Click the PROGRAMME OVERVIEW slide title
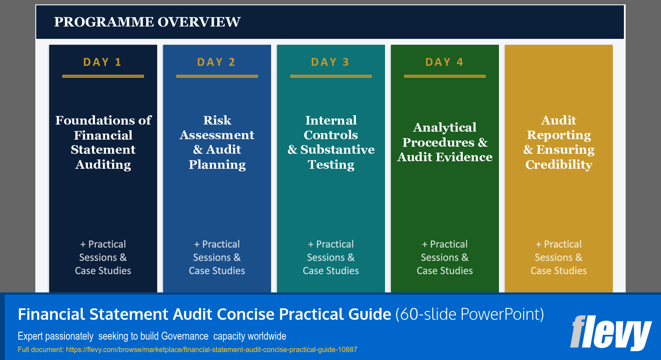pyautogui.click(x=147, y=22)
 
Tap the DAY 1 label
pyautogui.click(x=102, y=62)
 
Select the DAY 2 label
pyautogui.click(x=216, y=62)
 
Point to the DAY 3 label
pyautogui.click(x=330, y=62)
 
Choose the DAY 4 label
pyautogui.click(x=444, y=62)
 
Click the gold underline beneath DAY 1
pyautogui.click(x=103, y=76)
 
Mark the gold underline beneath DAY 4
pyautogui.click(x=445, y=76)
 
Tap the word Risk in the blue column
pyautogui.click(x=217, y=120)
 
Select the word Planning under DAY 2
pyautogui.click(x=217, y=165)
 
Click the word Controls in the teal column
pyautogui.click(x=331, y=135)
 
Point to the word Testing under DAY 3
pyautogui.click(x=331, y=165)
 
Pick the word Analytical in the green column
pyautogui.click(x=445, y=128)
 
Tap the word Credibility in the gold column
pyautogui.click(x=559, y=165)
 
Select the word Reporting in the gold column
pyautogui.click(x=559, y=135)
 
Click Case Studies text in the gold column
pyautogui.click(x=559, y=270)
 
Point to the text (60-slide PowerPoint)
pyautogui.click(x=469, y=314)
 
